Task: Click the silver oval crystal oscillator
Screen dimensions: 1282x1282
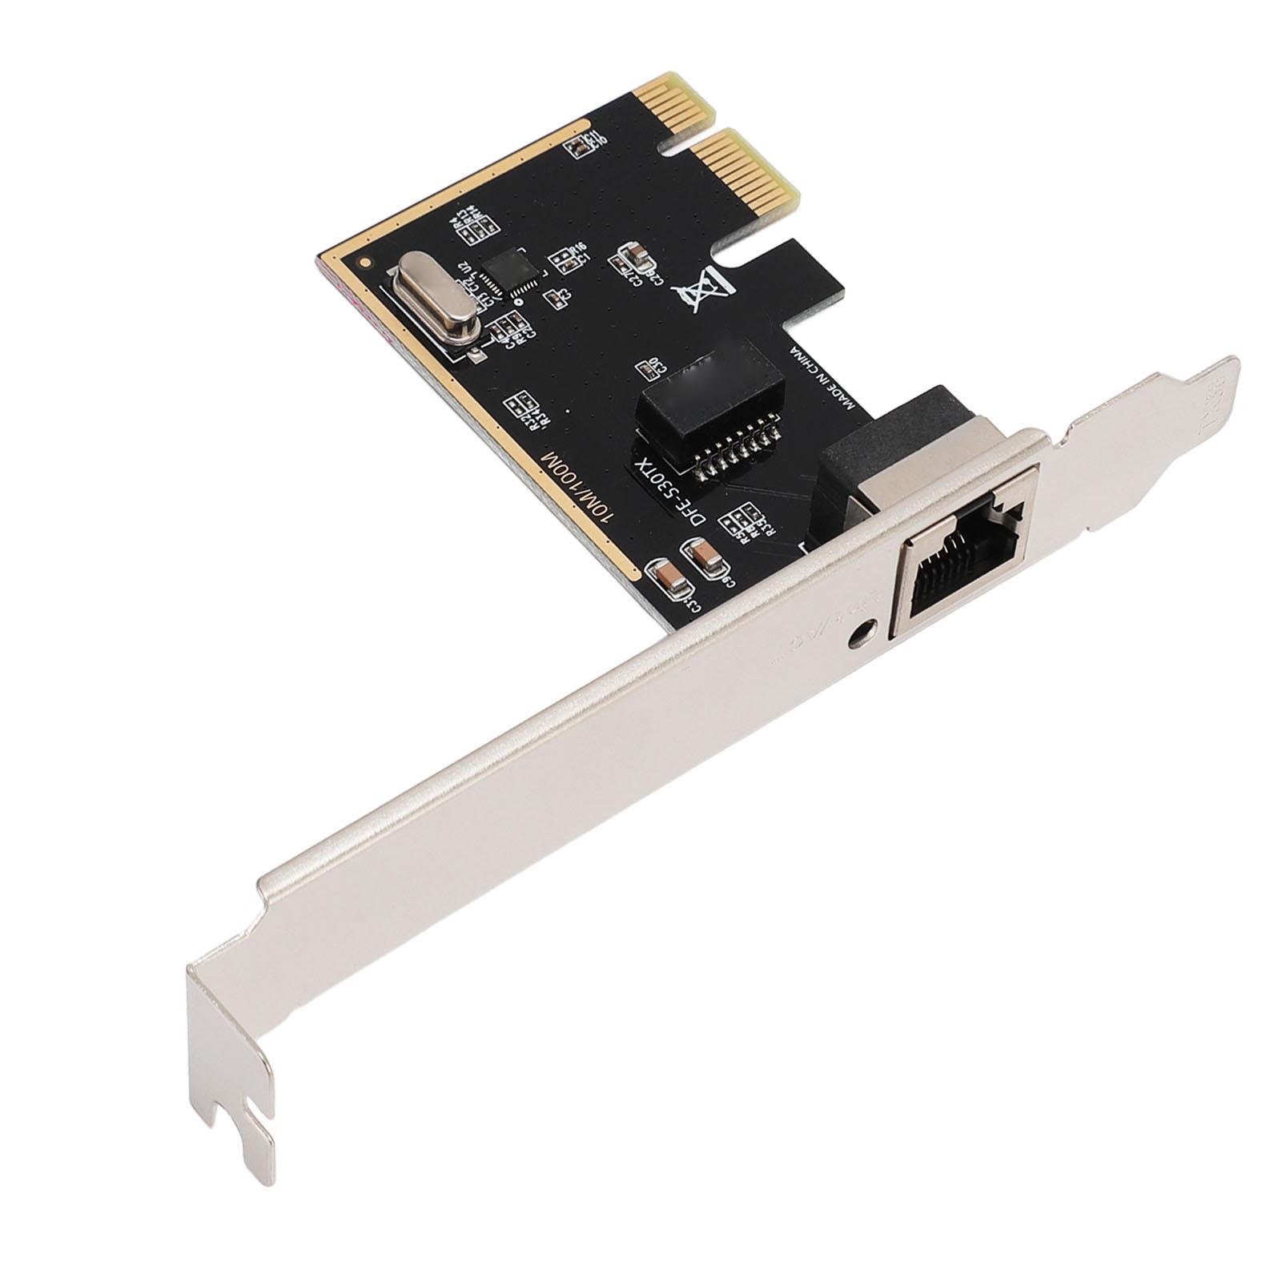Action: pyautogui.click(x=433, y=297)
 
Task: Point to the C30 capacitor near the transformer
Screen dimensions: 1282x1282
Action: pyautogui.click(x=645, y=368)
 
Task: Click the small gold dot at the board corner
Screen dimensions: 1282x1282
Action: pyautogui.click(x=367, y=261)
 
